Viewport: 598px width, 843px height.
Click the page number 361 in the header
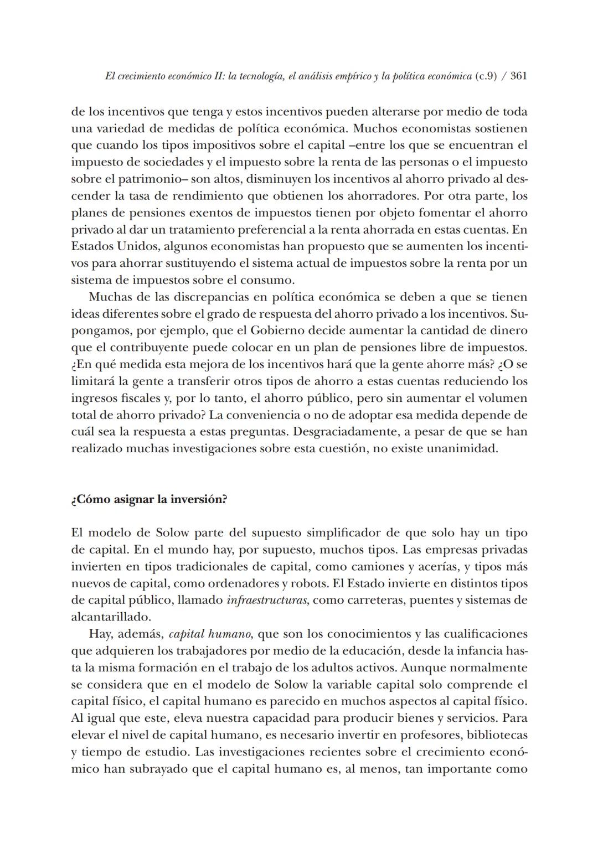518,76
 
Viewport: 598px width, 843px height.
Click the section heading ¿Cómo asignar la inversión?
149,499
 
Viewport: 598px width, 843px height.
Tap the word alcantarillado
110,617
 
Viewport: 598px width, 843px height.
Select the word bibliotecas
497,736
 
